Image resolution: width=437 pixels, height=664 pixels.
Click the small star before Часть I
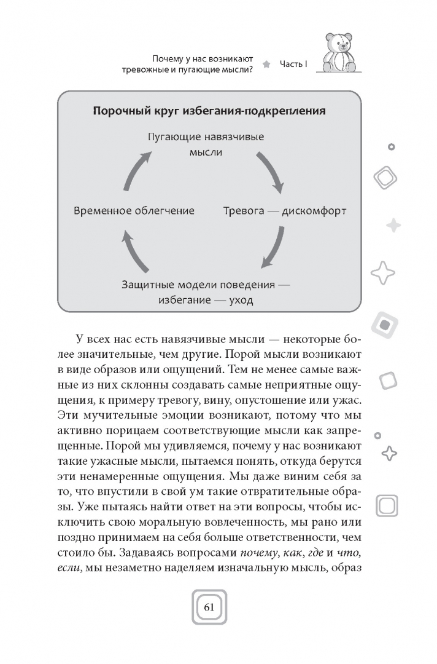click(x=266, y=63)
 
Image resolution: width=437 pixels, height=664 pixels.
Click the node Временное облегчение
click(x=134, y=210)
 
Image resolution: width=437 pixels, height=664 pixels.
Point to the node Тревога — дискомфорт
click(x=285, y=210)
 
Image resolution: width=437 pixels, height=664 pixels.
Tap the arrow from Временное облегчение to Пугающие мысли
click(x=137, y=170)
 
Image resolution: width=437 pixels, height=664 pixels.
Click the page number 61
click(x=209, y=607)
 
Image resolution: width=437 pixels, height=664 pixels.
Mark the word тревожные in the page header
click(x=148, y=70)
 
